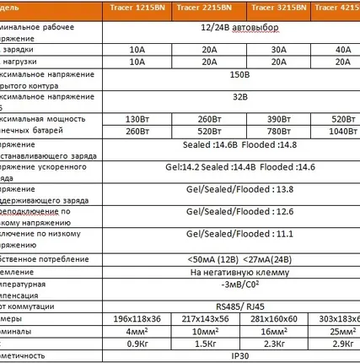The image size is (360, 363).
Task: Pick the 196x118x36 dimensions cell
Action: point(137,319)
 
